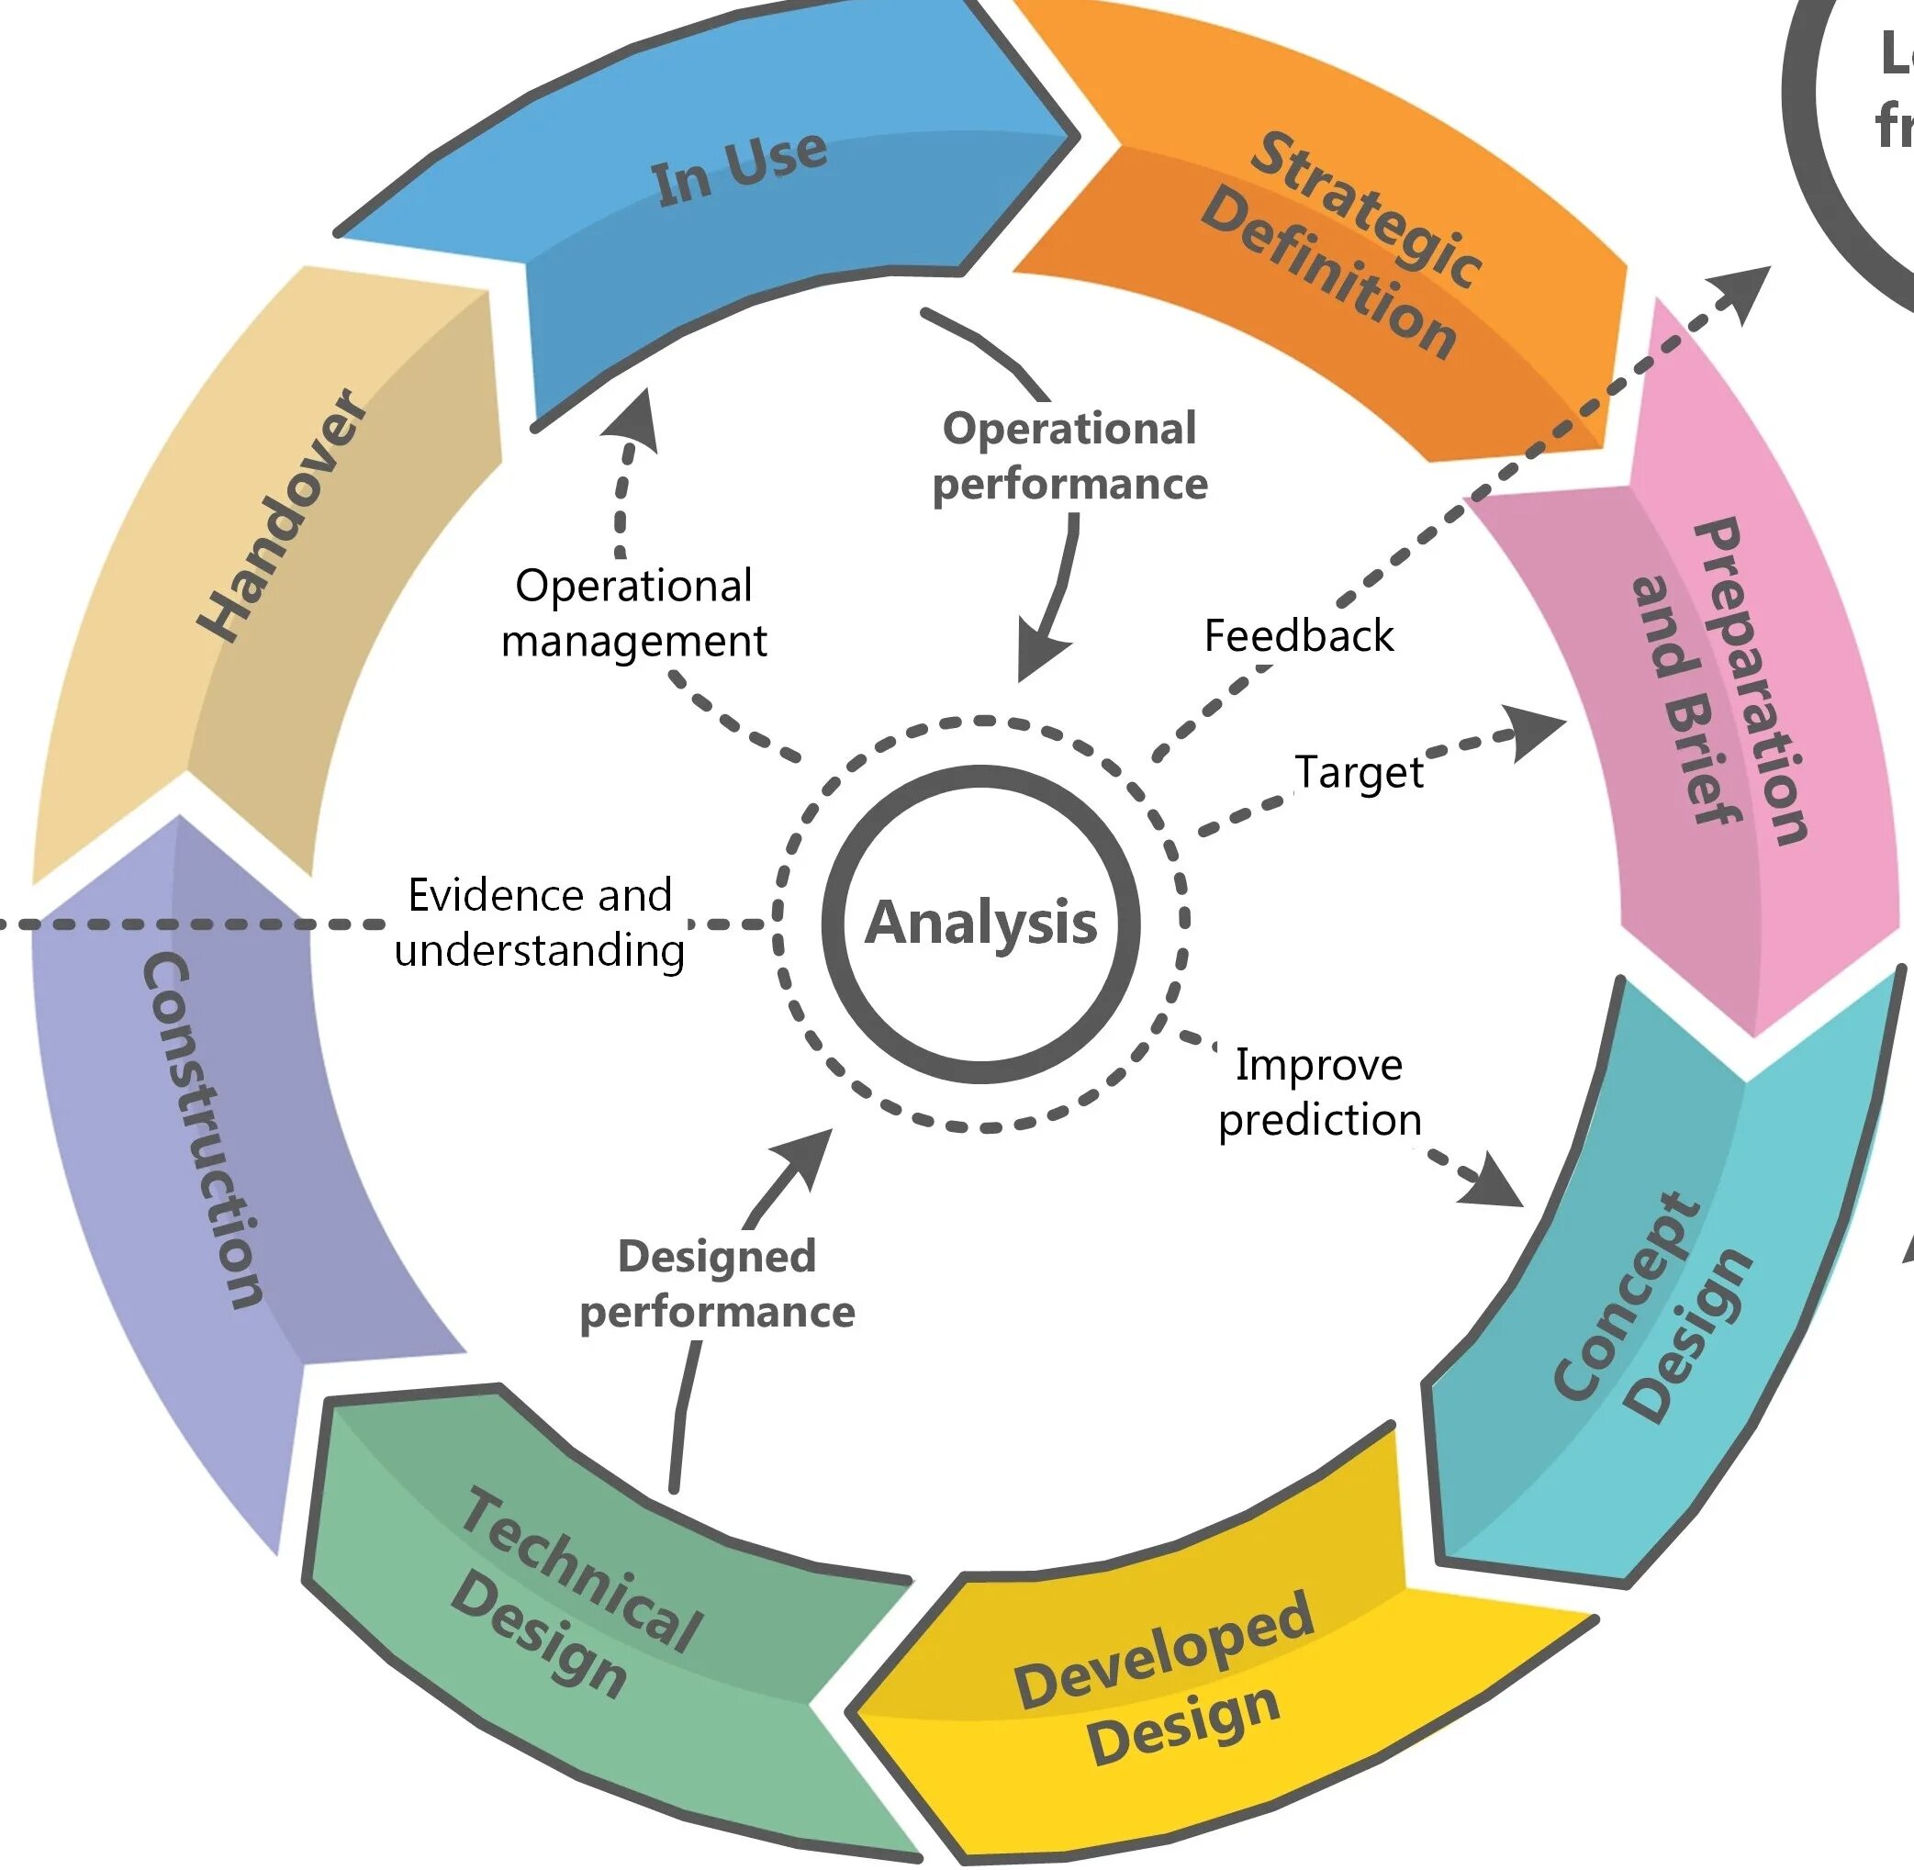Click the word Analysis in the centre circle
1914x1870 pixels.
tap(980, 924)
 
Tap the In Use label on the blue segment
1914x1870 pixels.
tap(738, 169)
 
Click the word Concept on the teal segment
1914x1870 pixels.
tap(1625, 1296)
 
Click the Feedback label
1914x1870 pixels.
tap(1298, 635)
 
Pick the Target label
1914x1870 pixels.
tap(1360, 772)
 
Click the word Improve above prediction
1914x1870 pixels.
tap(1319, 1065)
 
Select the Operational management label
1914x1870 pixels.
tap(633, 613)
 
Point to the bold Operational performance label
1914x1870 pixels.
tap(1069, 455)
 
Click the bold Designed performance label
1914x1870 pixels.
tap(717, 1283)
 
